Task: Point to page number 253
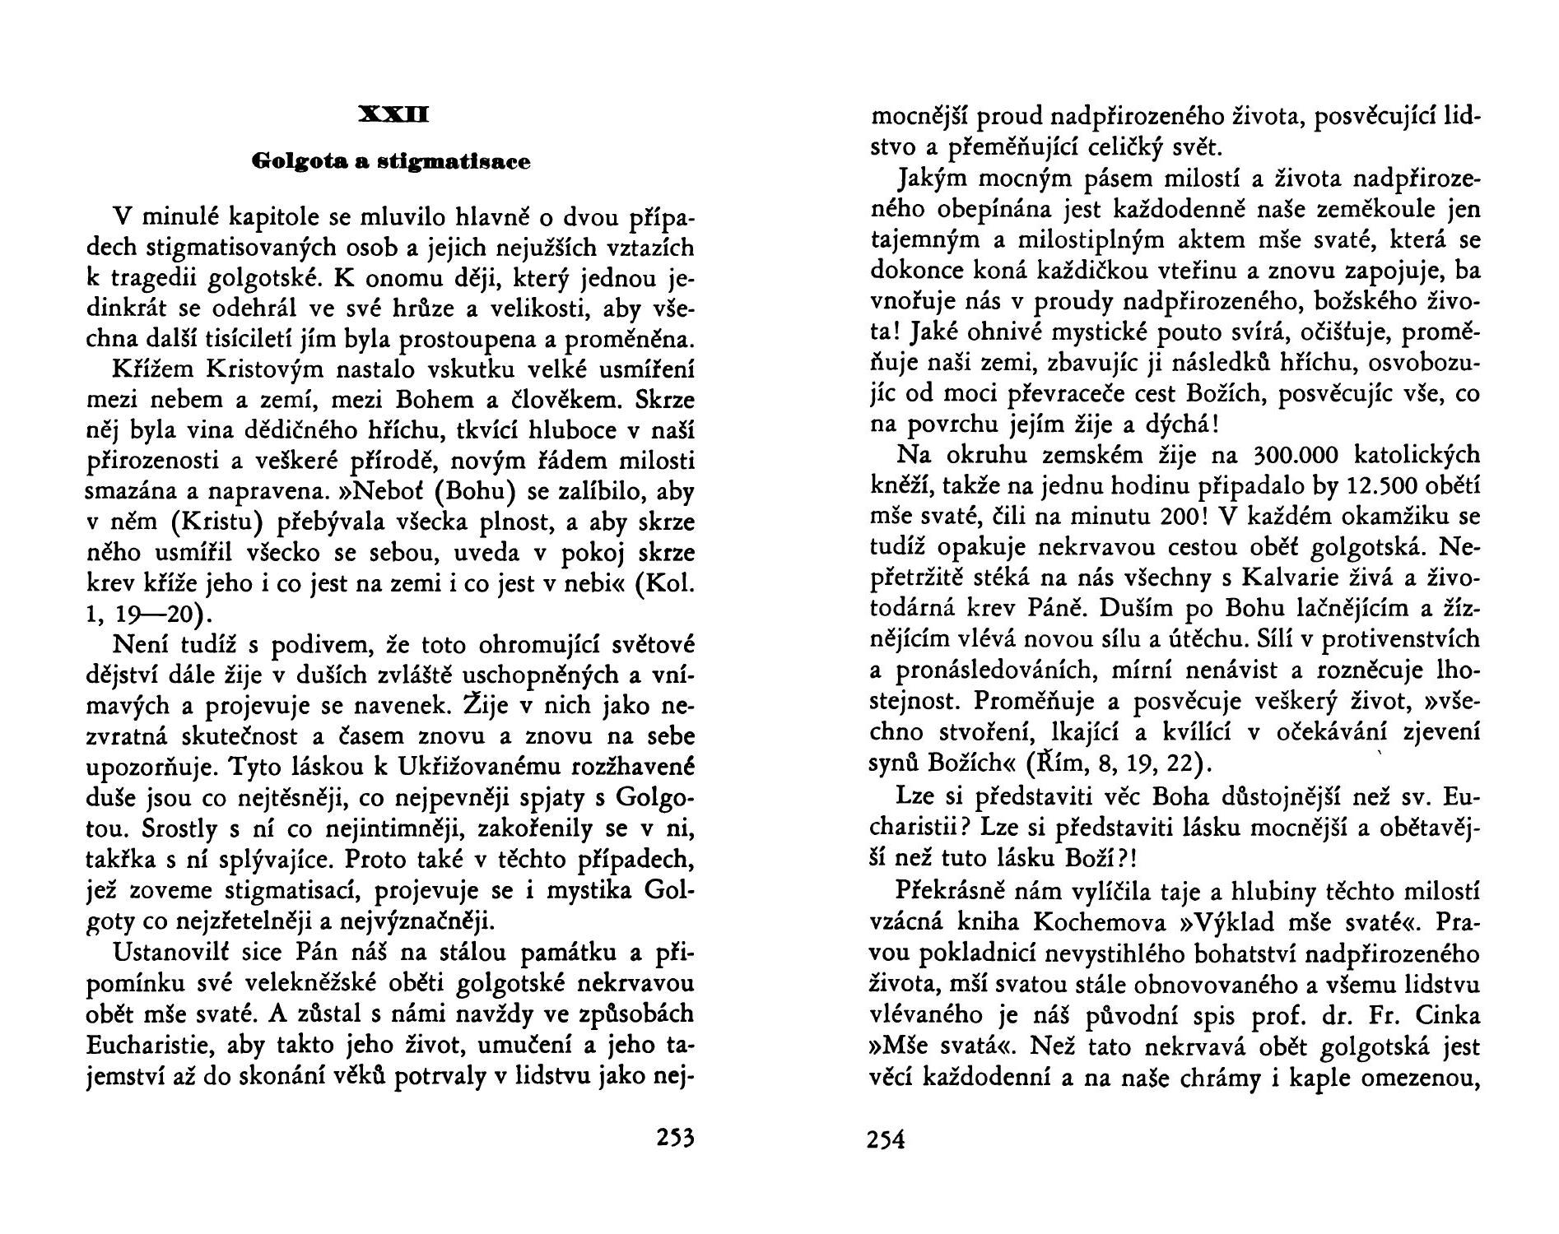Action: [x=675, y=1139]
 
